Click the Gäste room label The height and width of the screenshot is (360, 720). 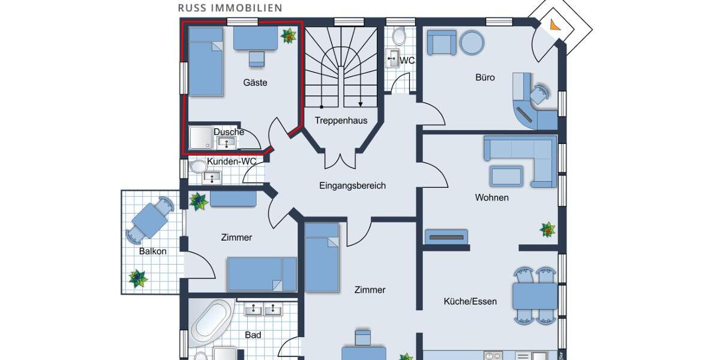(x=255, y=83)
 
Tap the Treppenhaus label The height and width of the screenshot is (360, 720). (x=341, y=121)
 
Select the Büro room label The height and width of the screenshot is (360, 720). (x=485, y=77)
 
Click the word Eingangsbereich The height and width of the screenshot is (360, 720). (x=352, y=186)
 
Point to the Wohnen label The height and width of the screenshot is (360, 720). (x=491, y=197)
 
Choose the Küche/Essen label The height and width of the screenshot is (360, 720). (x=470, y=301)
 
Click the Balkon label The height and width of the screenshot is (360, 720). (x=152, y=251)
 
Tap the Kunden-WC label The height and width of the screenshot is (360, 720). (x=232, y=161)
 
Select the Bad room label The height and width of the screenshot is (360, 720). (x=253, y=335)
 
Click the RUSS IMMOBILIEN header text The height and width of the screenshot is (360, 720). (x=230, y=8)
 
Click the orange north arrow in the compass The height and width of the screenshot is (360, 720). (x=554, y=25)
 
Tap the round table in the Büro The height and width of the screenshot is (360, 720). (x=472, y=43)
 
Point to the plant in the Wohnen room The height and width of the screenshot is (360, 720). (x=547, y=229)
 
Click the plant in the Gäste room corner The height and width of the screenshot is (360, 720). (x=289, y=37)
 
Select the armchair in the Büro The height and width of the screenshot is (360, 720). (x=441, y=43)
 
